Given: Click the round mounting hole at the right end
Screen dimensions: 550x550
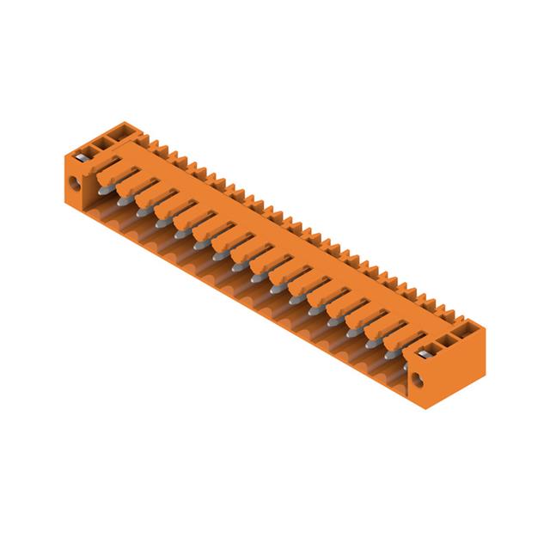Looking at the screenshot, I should (420, 379).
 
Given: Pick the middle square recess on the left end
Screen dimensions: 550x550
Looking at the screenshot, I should (104, 138).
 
